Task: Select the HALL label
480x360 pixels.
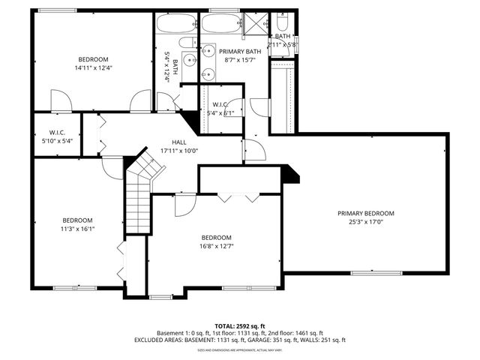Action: click(x=179, y=142)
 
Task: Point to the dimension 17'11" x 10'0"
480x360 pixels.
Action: click(x=179, y=150)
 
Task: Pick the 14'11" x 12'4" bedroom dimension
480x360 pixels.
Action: click(x=93, y=68)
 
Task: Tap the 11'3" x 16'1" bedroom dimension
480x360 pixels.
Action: click(x=77, y=229)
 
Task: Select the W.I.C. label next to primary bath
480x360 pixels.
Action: click(x=220, y=104)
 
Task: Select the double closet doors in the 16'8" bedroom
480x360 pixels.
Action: click(x=238, y=196)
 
